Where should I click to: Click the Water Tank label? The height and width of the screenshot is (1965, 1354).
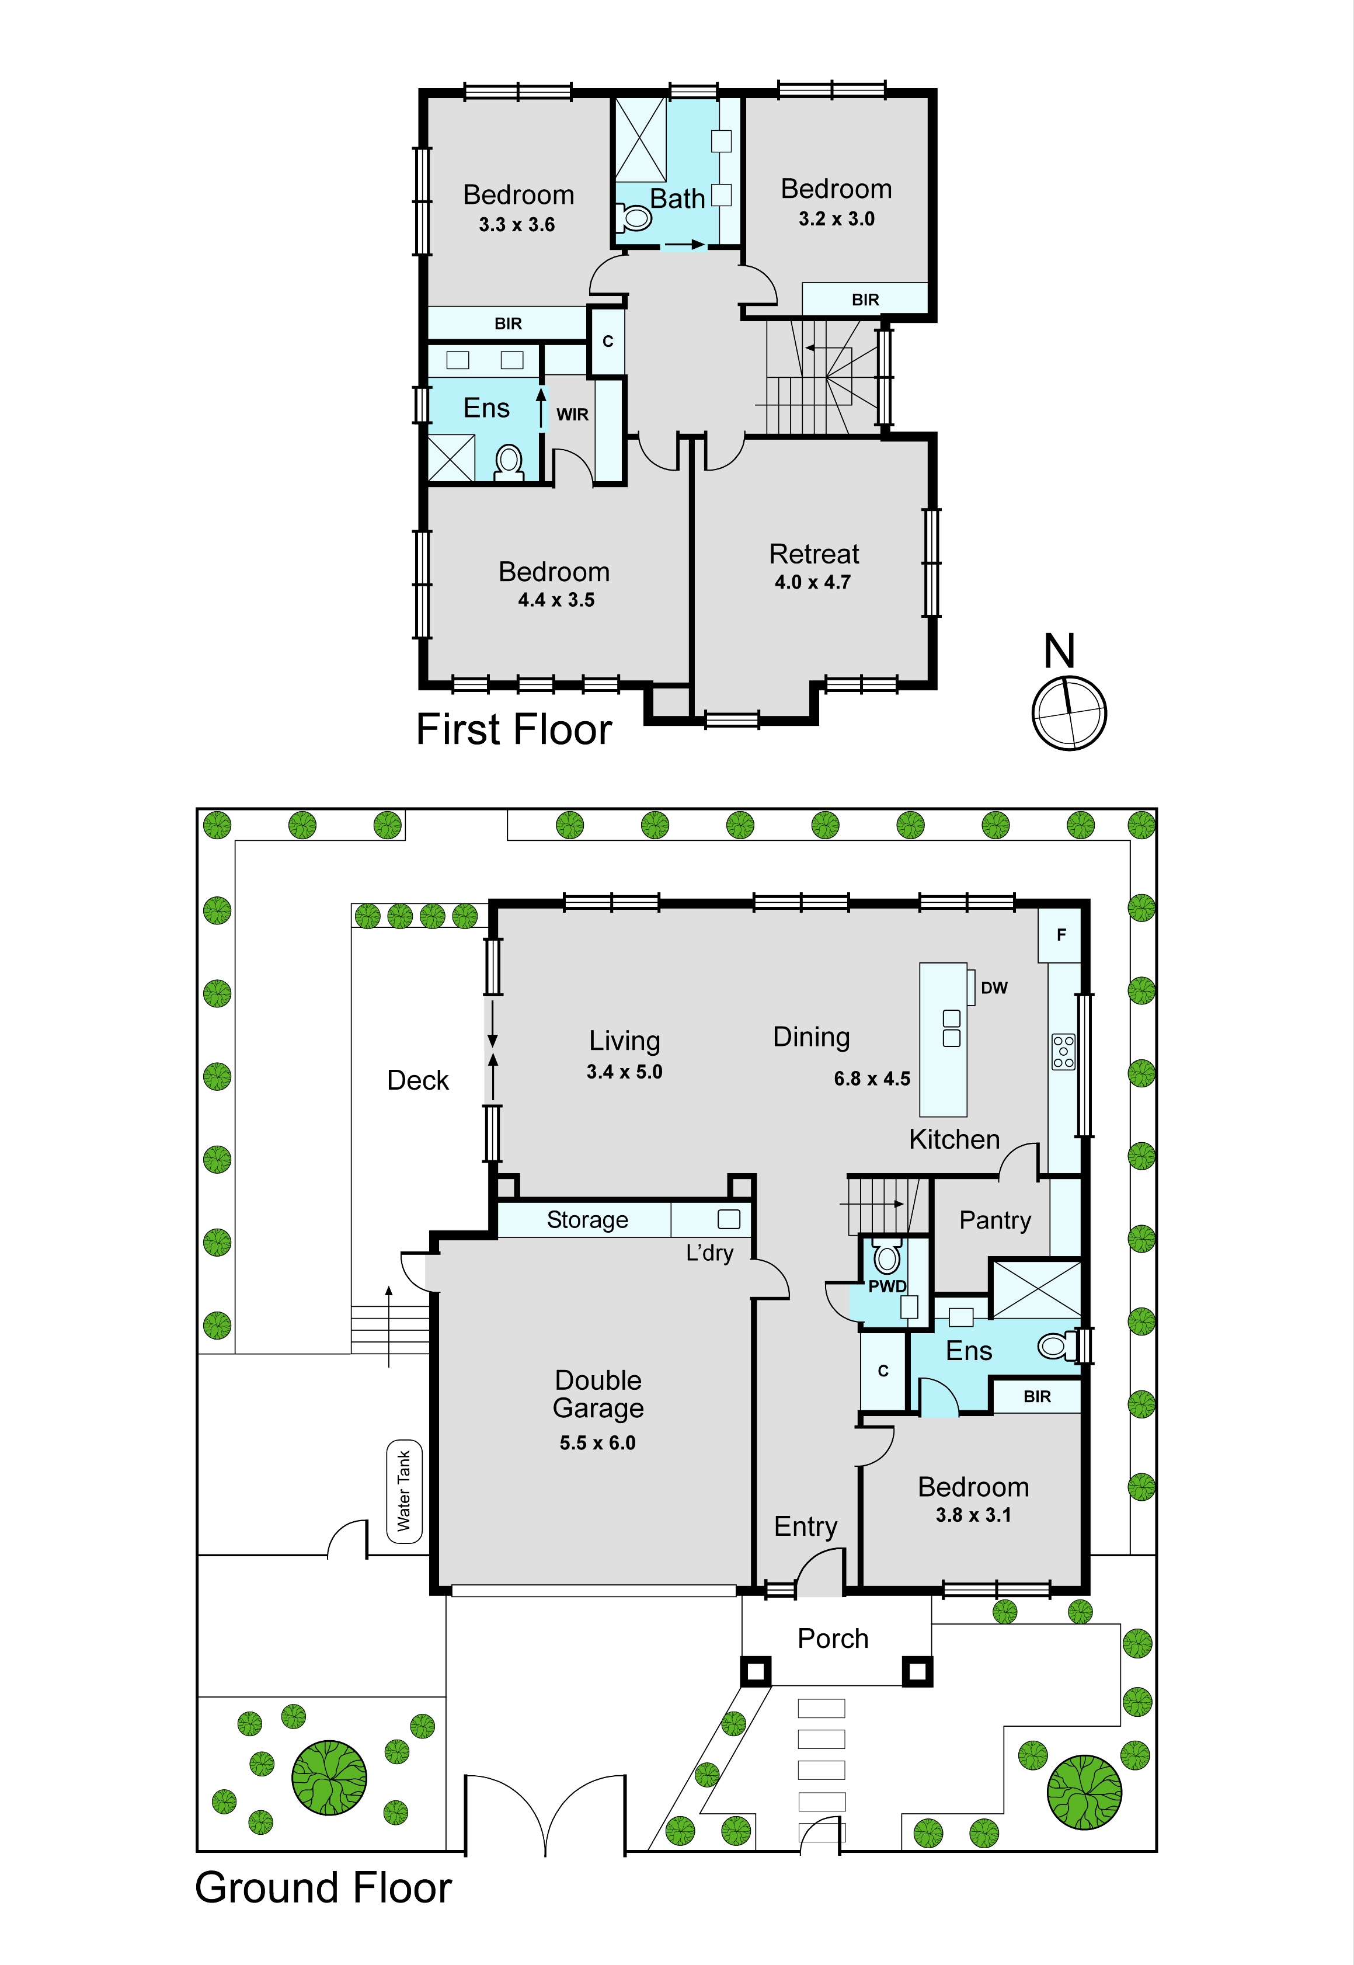tap(404, 1491)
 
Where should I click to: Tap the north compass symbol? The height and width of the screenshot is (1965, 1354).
tap(1069, 712)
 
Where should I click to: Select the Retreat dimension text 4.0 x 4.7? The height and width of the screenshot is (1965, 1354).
tap(813, 582)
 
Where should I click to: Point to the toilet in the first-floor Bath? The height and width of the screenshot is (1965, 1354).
tap(633, 218)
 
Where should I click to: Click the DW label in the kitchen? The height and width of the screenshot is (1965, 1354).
tap(994, 987)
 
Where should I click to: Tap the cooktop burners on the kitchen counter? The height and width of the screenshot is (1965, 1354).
tap(1063, 1051)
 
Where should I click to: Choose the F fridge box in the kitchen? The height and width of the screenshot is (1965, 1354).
tap(1060, 935)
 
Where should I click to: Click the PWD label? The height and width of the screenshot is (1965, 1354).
tap(887, 1286)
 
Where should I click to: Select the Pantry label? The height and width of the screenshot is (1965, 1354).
tap(995, 1220)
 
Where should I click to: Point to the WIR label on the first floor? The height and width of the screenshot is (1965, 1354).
tap(573, 415)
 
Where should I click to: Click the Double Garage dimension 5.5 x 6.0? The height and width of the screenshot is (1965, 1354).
tap(597, 1442)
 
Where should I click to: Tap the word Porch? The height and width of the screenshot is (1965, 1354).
tap(833, 1639)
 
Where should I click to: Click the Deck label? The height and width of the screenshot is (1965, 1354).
tap(417, 1080)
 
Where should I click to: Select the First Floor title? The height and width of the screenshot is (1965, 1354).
tap(514, 730)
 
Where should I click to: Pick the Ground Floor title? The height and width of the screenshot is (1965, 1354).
tap(323, 1888)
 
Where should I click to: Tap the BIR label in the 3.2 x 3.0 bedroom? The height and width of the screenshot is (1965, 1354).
tap(865, 300)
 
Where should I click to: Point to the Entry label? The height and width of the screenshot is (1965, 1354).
tap(805, 1527)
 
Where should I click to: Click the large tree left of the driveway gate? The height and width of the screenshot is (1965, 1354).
tap(329, 1778)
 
